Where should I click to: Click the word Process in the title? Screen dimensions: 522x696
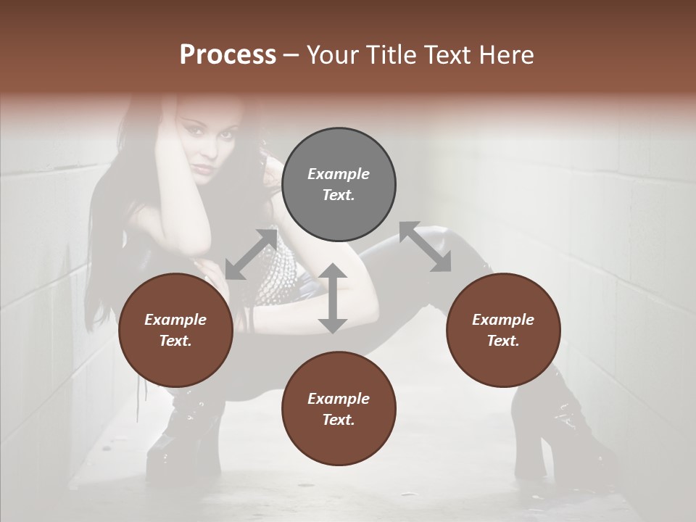pos(228,55)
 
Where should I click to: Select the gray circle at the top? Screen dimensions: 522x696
pos(339,185)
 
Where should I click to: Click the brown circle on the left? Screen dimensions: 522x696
pos(175,331)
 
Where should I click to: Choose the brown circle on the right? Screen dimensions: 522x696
pos(503,331)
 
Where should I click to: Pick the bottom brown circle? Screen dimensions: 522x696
pos(339,409)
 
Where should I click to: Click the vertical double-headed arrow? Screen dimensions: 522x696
pos(332,298)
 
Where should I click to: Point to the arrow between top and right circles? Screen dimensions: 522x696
pos(426,246)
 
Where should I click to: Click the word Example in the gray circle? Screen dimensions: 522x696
pos(339,174)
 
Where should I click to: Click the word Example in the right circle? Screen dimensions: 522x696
pos(503,320)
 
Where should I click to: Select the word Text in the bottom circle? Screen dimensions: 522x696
pos(337,420)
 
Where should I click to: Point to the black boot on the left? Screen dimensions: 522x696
pos(181,442)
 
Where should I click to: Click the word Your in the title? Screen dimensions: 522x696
pos(330,55)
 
